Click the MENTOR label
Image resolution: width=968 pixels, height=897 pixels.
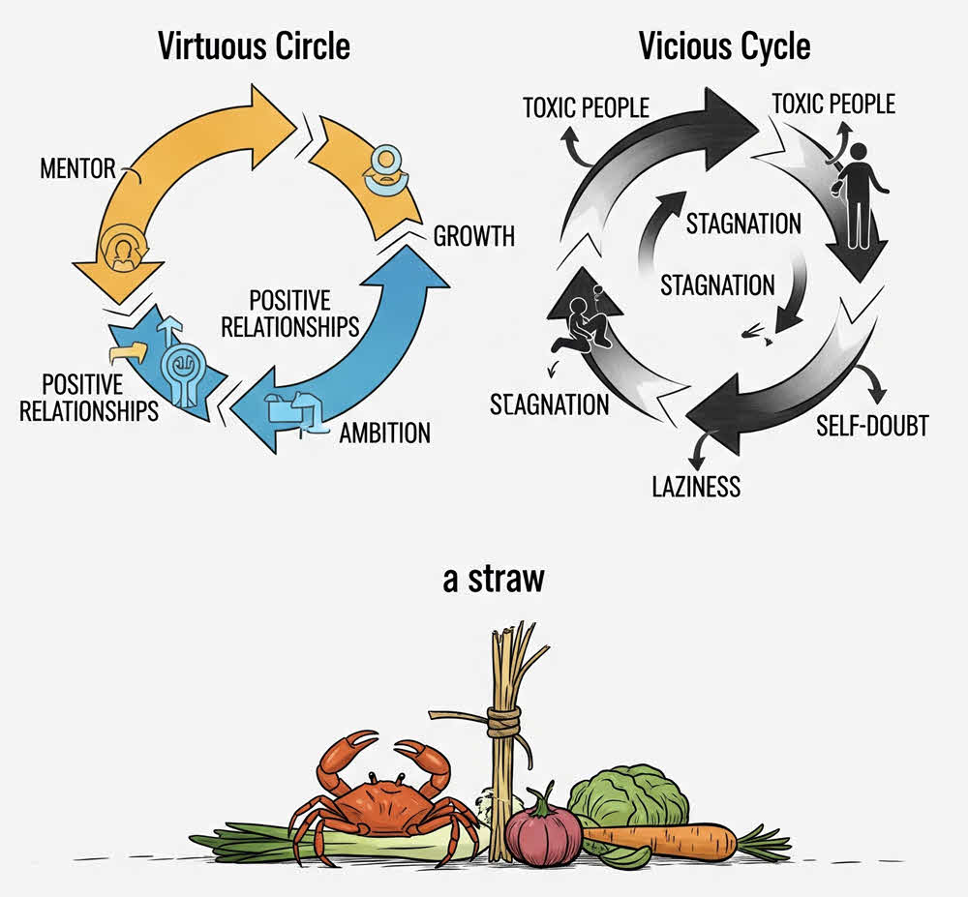[76, 168]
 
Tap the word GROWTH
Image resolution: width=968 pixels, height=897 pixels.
[473, 236]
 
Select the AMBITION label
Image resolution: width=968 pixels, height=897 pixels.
[384, 432]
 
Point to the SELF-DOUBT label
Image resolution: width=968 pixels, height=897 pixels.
[872, 424]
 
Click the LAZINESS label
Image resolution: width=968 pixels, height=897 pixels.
[696, 484]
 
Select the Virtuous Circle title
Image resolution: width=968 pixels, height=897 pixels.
[254, 45]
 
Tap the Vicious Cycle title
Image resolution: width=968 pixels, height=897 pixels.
[723, 45]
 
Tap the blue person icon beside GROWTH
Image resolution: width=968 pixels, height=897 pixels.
[384, 166]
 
